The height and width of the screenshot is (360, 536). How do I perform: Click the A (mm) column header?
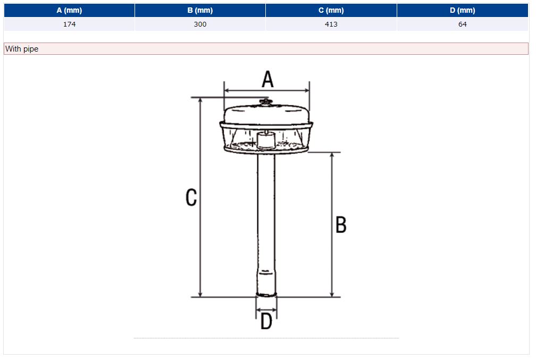(x=69, y=10)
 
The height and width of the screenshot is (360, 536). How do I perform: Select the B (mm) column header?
(x=200, y=10)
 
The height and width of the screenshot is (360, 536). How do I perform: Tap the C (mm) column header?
(x=331, y=10)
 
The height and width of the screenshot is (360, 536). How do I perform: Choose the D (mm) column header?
(x=463, y=10)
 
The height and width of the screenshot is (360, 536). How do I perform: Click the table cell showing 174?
(x=69, y=24)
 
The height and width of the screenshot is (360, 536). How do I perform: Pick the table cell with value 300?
(x=200, y=24)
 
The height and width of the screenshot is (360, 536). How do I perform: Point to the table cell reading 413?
(x=331, y=24)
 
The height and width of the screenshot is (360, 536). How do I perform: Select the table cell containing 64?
(x=463, y=24)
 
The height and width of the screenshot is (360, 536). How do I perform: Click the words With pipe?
(x=22, y=49)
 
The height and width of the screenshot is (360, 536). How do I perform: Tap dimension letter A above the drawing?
(x=267, y=79)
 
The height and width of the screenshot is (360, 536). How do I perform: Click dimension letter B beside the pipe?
(x=341, y=224)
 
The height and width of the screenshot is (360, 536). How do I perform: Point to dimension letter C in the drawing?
(x=191, y=197)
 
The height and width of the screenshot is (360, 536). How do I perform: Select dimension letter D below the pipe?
(x=266, y=321)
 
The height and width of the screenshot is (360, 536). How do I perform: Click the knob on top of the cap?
(x=265, y=102)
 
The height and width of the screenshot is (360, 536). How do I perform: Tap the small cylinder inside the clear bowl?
(x=266, y=141)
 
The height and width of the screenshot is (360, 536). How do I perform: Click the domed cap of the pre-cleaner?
(x=266, y=114)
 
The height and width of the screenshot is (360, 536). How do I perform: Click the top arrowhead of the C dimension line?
(x=200, y=101)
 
